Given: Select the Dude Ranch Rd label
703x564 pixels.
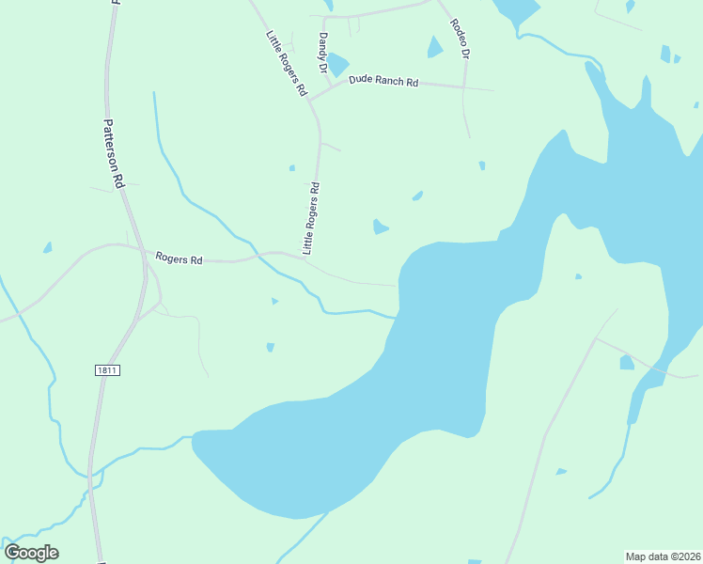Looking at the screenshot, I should point(383,82).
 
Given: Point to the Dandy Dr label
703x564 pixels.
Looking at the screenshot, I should point(321,54).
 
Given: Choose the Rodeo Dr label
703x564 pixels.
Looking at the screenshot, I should point(459,39).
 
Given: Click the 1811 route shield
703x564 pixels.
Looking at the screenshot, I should point(107,370).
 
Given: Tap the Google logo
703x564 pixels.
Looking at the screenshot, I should point(32,553).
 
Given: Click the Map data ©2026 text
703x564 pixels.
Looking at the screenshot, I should point(663,556).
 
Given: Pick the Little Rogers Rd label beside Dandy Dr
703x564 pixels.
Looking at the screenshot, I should point(286,64).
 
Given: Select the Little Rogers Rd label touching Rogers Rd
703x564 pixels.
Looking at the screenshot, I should point(311,218).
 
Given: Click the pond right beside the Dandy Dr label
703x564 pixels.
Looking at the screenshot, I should point(337,64).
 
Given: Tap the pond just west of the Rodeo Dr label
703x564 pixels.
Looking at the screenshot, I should point(434,47).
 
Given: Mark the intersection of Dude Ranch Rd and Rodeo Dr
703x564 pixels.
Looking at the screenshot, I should point(463,88).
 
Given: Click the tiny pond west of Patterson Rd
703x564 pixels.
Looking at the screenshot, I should point(47,248).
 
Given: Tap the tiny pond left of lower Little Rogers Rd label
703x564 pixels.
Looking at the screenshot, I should point(292,168).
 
